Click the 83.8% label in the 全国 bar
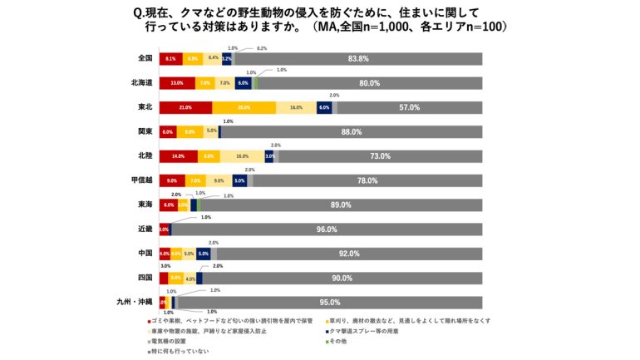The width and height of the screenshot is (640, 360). (x=358, y=59)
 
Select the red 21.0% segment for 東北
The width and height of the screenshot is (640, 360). (x=185, y=107)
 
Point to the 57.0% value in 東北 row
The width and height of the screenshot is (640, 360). (x=409, y=107)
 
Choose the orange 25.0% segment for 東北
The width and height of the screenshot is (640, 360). (x=244, y=107)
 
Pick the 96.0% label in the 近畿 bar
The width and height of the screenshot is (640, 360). (x=326, y=229)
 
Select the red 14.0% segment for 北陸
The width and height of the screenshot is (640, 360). (x=178, y=156)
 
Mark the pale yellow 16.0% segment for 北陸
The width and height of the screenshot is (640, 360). (x=242, y=156)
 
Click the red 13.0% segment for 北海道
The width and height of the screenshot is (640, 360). (x=176, y=83)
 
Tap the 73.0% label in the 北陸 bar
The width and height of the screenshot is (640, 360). (x=380, y=156)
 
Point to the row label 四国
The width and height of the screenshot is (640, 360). (x=144, y=278)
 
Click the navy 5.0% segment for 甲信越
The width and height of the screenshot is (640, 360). (x=239, y=180)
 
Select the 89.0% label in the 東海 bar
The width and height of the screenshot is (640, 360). (x=341, y=205)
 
